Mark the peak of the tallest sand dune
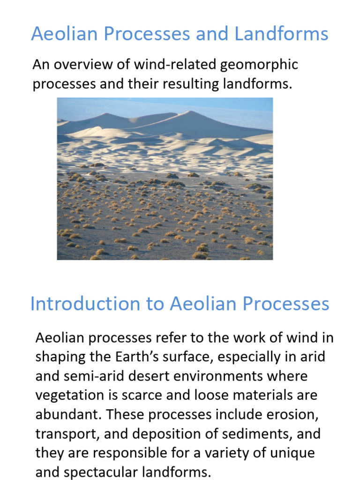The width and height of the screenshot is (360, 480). pos(189,112)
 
